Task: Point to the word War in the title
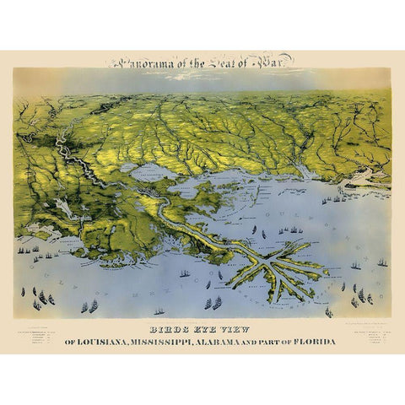[x=277, y=62]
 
